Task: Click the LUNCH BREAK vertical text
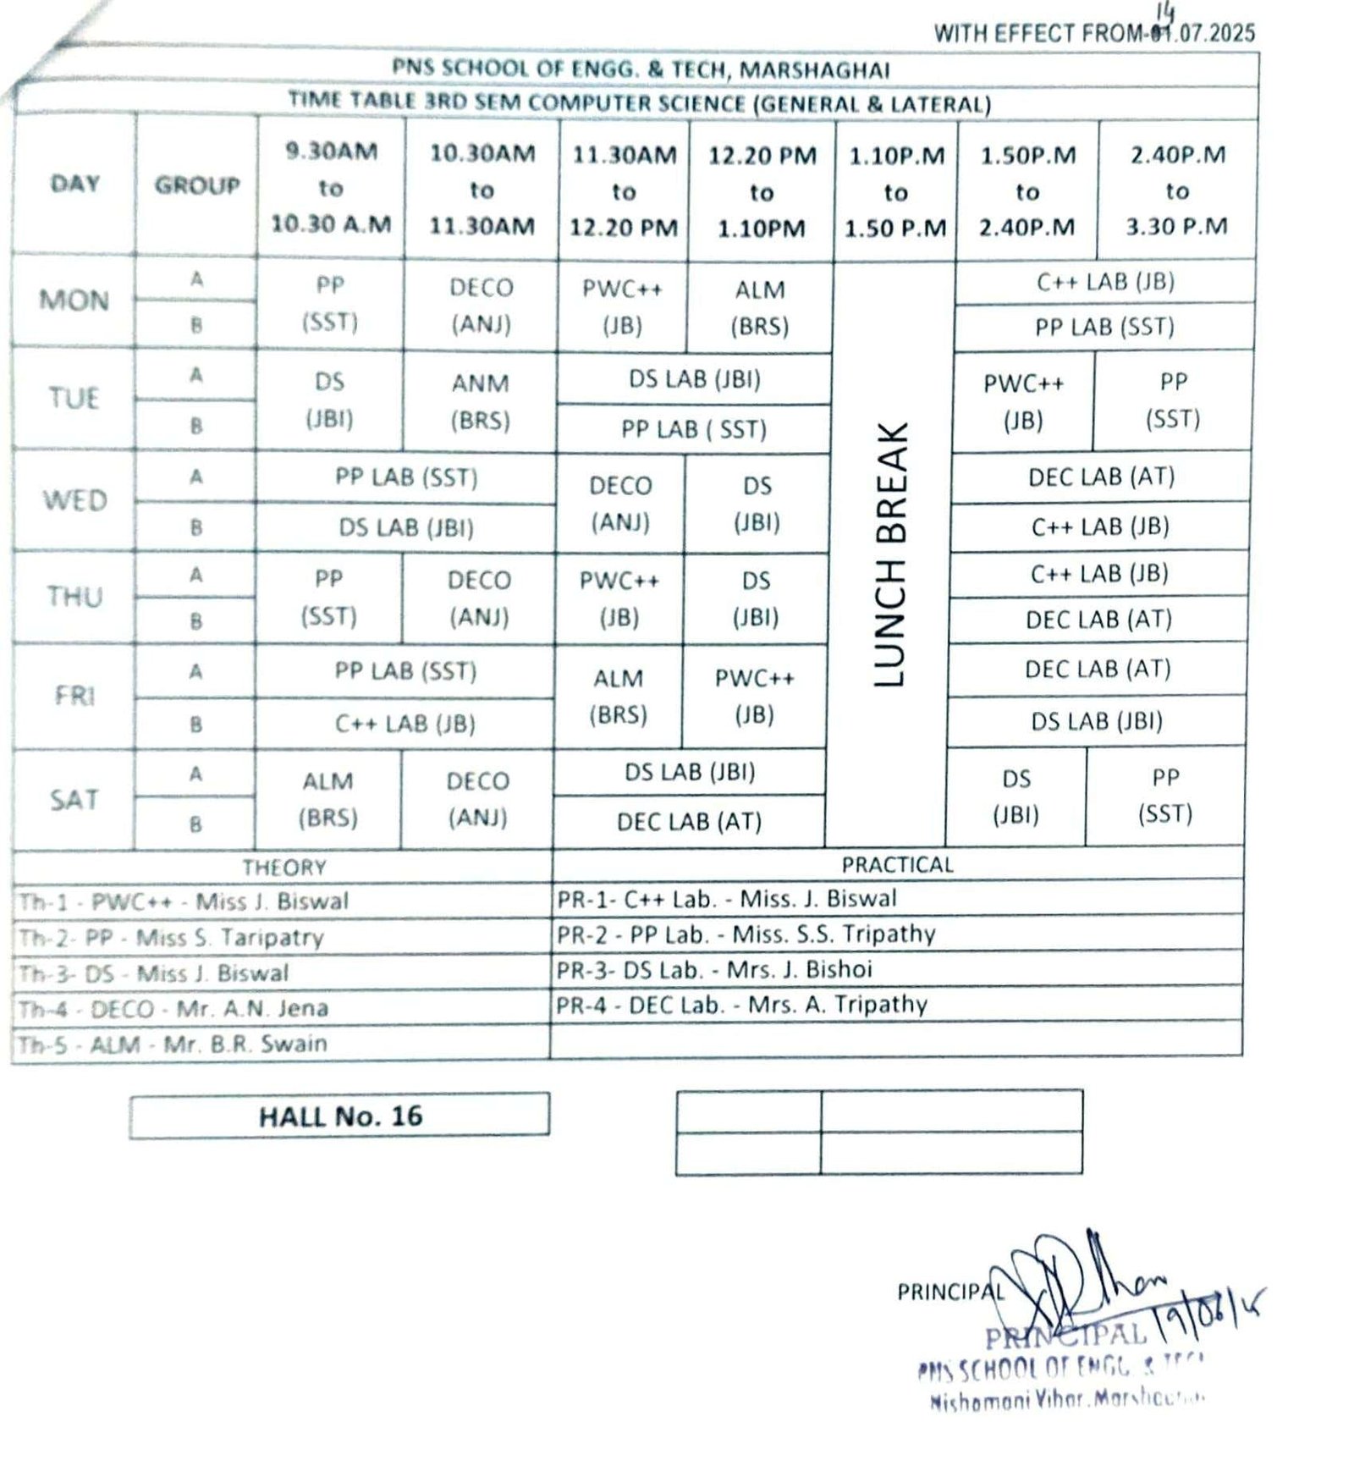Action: click(890, 554)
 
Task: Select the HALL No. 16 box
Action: click(340, 1116)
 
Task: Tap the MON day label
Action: click(74, 300)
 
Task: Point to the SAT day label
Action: click(74, 800)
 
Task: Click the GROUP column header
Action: click(196, 185)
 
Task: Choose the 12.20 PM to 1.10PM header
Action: click(762, 192)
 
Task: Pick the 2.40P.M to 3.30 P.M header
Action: click(1176, 190)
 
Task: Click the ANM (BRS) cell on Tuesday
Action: click(480, 402)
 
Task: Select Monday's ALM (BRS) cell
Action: click(760, 308)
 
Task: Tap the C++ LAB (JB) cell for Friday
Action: click(405, 724)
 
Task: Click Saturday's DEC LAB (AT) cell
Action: click(689, 822)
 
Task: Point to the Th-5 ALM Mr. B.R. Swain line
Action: click(173, 1044)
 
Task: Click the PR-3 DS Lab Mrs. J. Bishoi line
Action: click(714, 969)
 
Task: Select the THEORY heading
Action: click(283, 868)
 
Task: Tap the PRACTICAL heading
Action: click(897, 864)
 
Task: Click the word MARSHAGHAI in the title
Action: click(814, 69)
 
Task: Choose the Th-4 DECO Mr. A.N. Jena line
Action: click(173, 1008)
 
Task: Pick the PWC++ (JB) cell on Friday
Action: click(754, 697)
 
